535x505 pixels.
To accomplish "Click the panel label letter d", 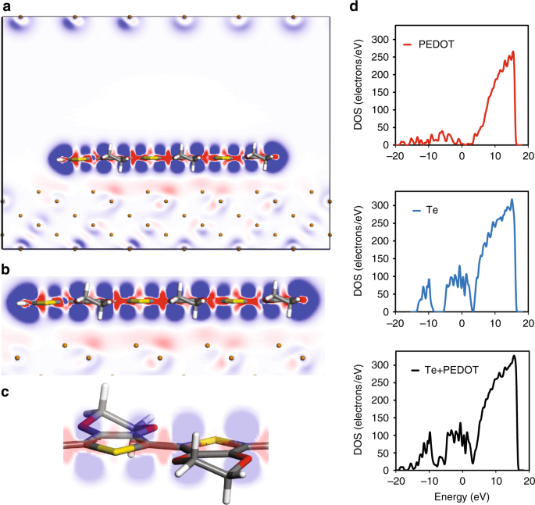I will tap(355, 6).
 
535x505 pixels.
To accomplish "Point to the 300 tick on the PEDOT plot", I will tap(380, 38).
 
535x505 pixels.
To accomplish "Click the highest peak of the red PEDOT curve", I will tap(513, 53).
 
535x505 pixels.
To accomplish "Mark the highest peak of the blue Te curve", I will tap(512, 200).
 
